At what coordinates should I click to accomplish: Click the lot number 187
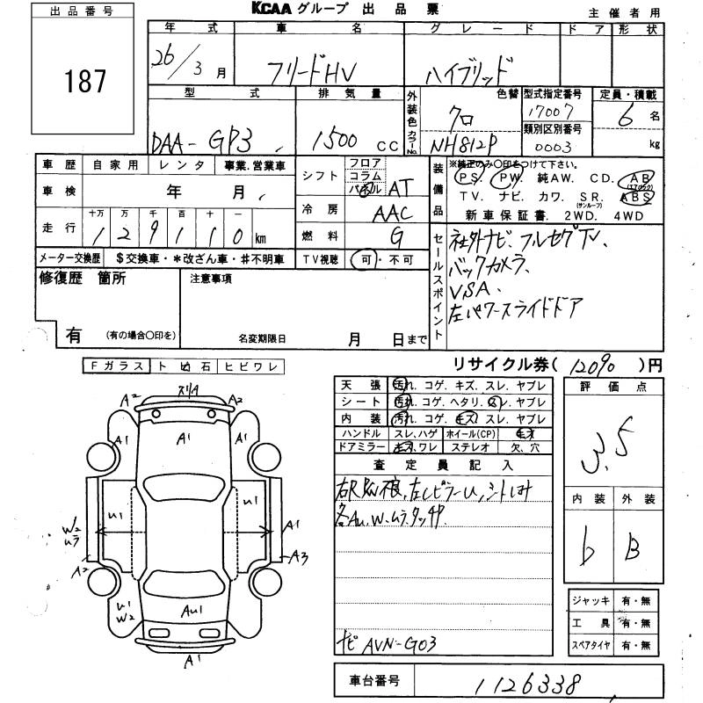[84, 82]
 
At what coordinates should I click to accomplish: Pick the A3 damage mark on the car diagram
[300, 555]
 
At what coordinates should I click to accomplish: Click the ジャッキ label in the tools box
[586, 600]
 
